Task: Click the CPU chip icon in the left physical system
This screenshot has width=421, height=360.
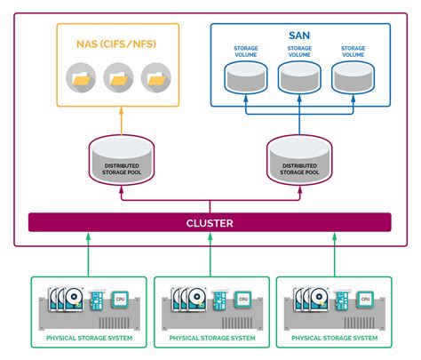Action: point(119,300)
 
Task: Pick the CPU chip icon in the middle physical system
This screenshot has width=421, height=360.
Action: point(242,300)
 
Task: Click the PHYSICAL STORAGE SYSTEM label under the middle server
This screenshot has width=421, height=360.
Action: point(210,339)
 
